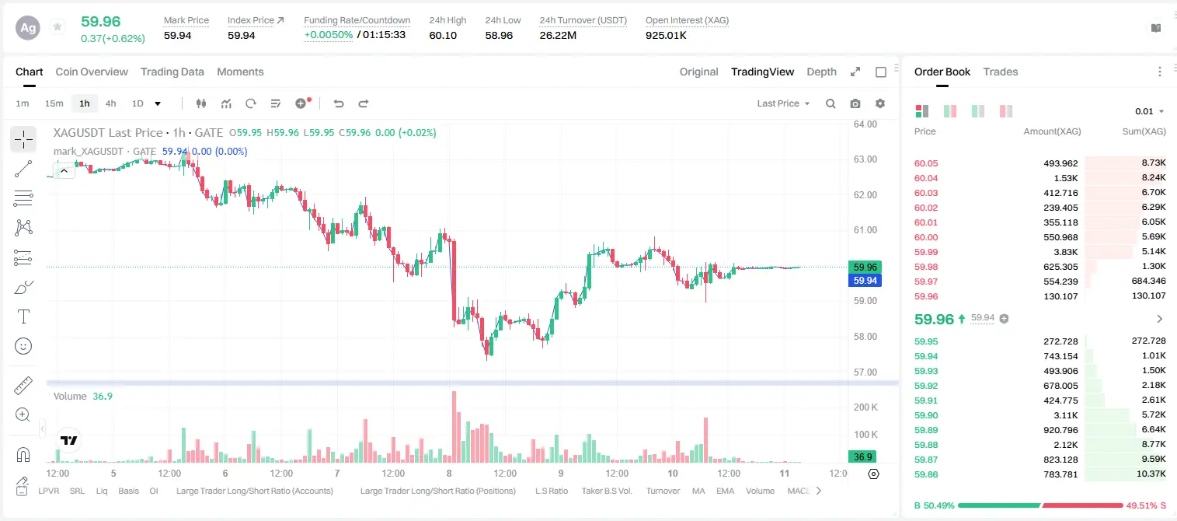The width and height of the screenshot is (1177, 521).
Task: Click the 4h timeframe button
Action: click(x=110, y=103)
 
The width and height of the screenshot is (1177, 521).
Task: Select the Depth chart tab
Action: click(x=821, y=72)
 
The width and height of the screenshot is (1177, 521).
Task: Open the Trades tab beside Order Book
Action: click(x=1001, y=72)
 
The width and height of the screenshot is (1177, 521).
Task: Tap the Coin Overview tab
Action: click(x=92, y=72)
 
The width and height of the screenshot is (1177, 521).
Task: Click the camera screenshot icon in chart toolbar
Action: click(x=855, y=103)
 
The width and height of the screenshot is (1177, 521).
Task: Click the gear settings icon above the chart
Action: click(x=880, y=103)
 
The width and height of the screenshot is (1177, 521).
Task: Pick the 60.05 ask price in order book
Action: click(x=926, y=163)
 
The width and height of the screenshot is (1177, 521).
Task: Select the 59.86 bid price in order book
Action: click(x=926, y=474)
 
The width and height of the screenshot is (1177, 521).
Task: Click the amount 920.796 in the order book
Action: click(x=1060, y=430)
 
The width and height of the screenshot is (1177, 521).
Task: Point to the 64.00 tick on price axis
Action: click(x=865, y=124)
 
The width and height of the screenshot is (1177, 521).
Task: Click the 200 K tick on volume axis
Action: click(x=865, y=407)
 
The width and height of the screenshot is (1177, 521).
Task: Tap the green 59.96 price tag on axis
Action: click(x=865, y=267)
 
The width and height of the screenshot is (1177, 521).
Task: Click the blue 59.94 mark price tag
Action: click(x=865, y=281)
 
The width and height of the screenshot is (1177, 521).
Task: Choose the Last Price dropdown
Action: click(x=783, y=103)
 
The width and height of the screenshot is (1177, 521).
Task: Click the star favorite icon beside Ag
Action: click(x=57, y=26)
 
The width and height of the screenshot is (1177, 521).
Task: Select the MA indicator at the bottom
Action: click(x=698, y=491)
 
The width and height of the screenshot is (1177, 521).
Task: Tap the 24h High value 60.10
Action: click(x=443, y=36)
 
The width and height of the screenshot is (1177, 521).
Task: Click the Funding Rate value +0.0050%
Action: click(x=329, y=35)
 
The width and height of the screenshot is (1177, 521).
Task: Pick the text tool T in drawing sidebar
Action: click(x=23, y=316)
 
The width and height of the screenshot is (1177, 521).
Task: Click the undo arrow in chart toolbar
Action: click(x=339, y=103)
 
